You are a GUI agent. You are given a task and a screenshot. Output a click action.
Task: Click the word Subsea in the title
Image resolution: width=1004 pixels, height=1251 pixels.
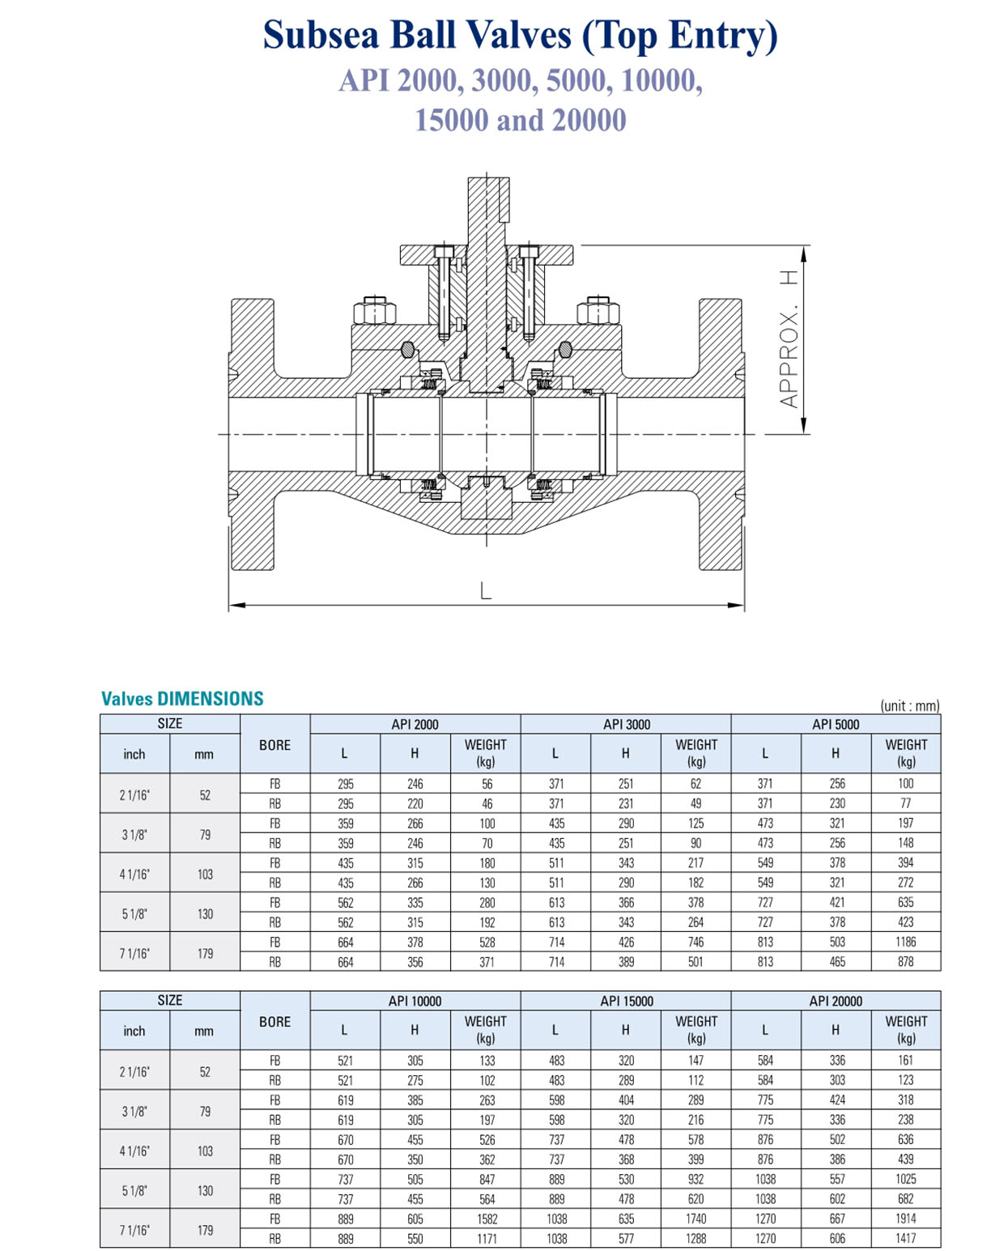coord(319,35)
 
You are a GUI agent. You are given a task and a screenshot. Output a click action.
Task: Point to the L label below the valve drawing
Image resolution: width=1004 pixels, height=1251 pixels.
coord(486,591)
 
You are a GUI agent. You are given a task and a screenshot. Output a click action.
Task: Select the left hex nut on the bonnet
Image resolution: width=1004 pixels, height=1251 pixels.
coord(373,310)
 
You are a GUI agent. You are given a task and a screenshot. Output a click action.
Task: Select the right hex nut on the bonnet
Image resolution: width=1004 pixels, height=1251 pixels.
coord(598,310)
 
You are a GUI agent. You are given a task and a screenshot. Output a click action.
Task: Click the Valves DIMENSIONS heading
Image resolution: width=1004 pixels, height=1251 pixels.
coord(182,699)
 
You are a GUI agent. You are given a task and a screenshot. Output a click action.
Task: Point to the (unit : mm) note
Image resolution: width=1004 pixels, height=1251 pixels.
coord(909,705)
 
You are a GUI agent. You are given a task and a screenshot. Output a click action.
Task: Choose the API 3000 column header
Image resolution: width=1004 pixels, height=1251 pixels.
coord(626,724)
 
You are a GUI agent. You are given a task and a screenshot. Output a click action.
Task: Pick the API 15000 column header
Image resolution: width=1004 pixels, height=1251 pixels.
coord(626,1001)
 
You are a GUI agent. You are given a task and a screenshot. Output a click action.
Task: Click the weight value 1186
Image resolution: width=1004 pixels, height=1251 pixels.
coord(905,942)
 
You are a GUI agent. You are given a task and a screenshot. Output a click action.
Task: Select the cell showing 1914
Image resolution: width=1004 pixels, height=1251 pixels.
coord(905,1219)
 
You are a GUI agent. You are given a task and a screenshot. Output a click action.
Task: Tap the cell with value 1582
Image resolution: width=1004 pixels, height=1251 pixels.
coord(486,1219)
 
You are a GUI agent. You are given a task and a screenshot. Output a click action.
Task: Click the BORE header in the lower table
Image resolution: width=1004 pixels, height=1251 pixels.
coord(274,1022)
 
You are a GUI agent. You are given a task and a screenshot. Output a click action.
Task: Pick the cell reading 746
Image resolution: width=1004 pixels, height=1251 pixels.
coord(696,942)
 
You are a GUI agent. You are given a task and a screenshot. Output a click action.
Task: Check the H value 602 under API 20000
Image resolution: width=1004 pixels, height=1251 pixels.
coord(836,1198)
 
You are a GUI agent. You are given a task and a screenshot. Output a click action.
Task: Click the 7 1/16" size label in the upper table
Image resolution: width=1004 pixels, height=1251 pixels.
coord(134,953)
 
